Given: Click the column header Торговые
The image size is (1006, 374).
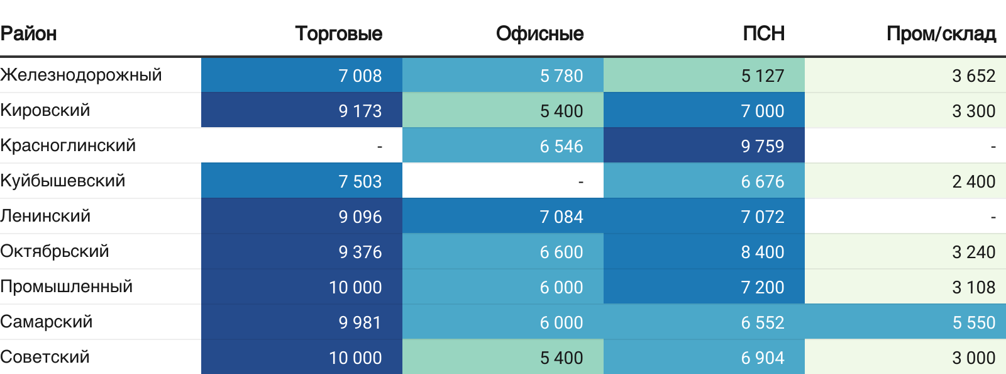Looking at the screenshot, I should pos(338,33).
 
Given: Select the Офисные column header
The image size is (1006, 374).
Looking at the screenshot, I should pos(539,33).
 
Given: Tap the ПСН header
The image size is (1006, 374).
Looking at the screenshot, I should pos(763,33).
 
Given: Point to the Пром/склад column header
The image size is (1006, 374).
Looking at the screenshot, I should pos(941,33).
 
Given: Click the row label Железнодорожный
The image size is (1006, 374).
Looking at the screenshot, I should pos(81,75).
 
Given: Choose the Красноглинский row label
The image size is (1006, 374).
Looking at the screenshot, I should pos(68,145).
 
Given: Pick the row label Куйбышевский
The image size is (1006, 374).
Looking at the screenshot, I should pos(63,181).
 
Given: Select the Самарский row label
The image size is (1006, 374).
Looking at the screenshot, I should pos(47,322).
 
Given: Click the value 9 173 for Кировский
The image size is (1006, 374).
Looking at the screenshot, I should pos(360,111).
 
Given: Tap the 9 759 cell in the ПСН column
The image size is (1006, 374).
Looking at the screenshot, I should pos(762,146).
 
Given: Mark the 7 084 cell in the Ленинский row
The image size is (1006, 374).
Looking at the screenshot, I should pos(561,217).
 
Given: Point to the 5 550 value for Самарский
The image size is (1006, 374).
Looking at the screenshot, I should pos(973,322).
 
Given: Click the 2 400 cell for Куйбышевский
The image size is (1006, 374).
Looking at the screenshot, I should pos(973,181).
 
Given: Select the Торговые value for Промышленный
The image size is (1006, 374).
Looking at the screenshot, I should pos(355,287).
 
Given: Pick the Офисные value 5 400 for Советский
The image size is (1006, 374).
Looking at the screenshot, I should pos(561,358).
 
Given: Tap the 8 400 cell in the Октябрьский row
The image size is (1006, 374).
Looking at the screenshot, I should pos(762,252).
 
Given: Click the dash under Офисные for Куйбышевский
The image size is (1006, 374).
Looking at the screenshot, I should pos(580,182).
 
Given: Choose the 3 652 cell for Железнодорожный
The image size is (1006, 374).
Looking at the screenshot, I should pos(973,76).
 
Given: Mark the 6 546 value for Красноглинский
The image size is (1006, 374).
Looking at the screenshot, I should pos(561,146).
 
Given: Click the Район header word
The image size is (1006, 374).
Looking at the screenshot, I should pos(28,33).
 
